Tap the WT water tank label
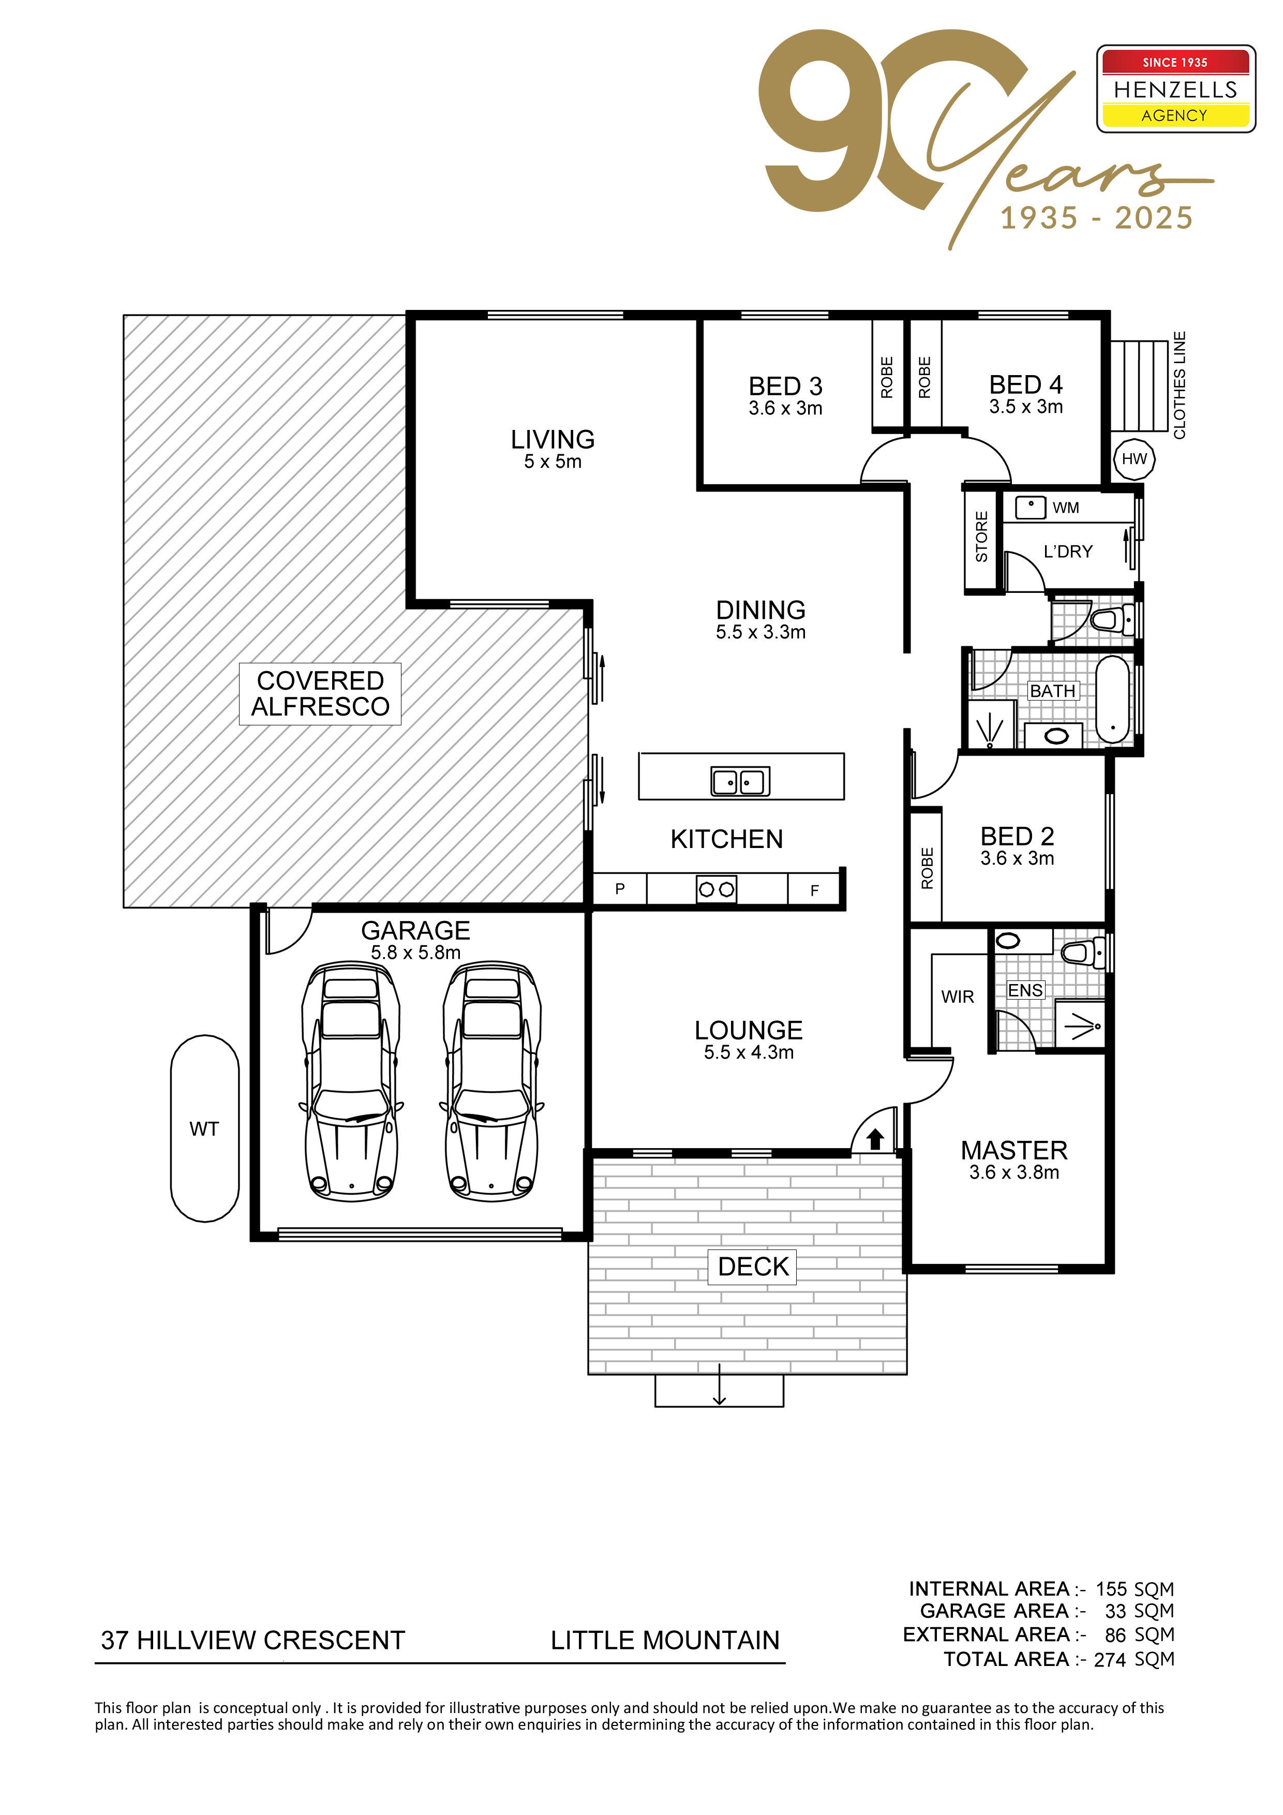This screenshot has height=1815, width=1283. click(x=204, y=1129)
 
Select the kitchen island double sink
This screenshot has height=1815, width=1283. click(x=740, y=781)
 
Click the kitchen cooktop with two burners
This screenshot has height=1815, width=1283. click(x=716, y=889)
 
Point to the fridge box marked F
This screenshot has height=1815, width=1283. click(x=814, y=889)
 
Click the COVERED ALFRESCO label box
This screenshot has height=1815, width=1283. click(x=320, y=693)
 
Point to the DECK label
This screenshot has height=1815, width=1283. click(x=753, y=1267)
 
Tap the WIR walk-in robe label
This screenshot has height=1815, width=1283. click(x=957, y=997)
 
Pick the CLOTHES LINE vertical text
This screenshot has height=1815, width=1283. click(x=1180, y=385)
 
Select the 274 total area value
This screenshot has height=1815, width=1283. click(x=1109, y=1659)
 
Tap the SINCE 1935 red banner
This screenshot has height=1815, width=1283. click(x=1175, y=62)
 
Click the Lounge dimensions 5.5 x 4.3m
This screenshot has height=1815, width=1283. click(x=749, y=1052)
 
